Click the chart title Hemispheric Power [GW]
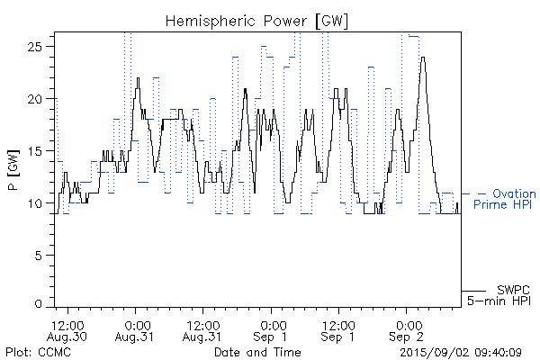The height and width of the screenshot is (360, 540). [x=257, y=20]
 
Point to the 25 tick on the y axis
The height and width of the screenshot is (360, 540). [x=40, y=46]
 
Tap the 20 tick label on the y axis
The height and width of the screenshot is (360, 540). [x=40, y=98]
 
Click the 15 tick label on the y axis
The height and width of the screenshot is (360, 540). [x=40, y=151]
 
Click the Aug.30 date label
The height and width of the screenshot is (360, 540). [x=68, y=337]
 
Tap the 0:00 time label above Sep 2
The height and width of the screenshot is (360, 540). [x=408, y=324]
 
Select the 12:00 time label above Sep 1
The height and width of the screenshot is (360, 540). [x=339, y=324]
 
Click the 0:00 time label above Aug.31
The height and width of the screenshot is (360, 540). [x=137, y=324]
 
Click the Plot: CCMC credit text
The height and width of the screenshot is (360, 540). [x=34, y=351]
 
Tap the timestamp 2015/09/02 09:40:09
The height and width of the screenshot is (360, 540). [x=460, y=351]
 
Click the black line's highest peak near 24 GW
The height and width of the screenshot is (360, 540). [x=422, y=58]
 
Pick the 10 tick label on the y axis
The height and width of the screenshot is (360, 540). [x=40, y=203]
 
